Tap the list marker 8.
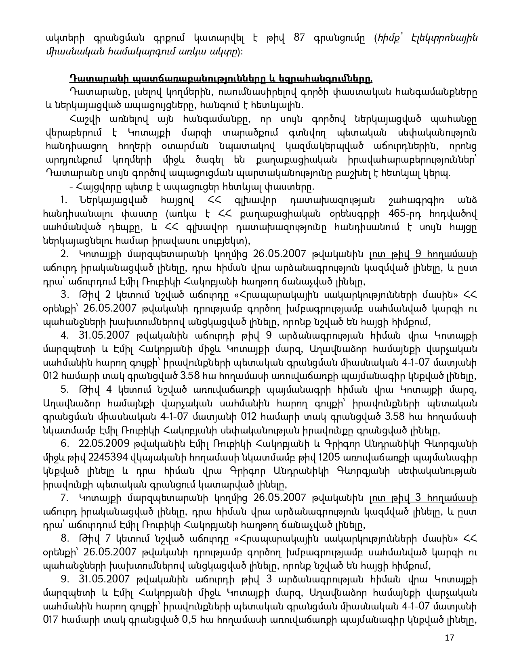[x=64, y=538]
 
